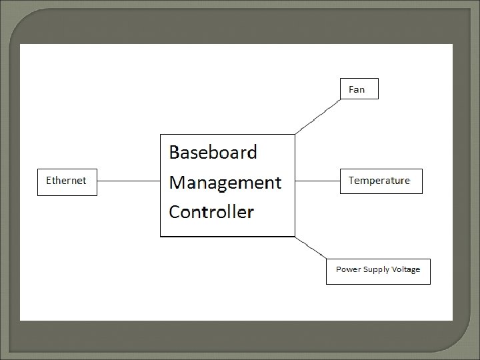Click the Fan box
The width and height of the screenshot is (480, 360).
[x=359, y=89]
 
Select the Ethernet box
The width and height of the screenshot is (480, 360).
[x=67, y=181]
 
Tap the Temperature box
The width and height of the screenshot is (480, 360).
[x=381, y=181]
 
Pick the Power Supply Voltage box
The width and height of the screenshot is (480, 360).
[x=378, y=271]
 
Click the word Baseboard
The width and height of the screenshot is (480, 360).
[x=213, y=153]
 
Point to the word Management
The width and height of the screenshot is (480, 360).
[x=225, y=182]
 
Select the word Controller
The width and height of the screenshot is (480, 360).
[x=211, y=212]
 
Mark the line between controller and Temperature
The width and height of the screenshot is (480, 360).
[x=317, y=181]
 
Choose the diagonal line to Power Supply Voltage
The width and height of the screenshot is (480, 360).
[x=311, y=247]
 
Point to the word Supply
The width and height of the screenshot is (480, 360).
[x=375, y=271]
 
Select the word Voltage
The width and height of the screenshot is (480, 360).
[x=406, y=270]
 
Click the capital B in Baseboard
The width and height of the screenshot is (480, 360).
[x=175, y=153]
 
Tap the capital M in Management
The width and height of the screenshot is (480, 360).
[x=178, y=182]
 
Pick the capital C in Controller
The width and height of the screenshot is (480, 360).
[x=175, y=212]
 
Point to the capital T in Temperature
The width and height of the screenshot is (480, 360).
[x=352, y=181]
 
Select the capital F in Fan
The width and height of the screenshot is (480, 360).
[x=352, y=89]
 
